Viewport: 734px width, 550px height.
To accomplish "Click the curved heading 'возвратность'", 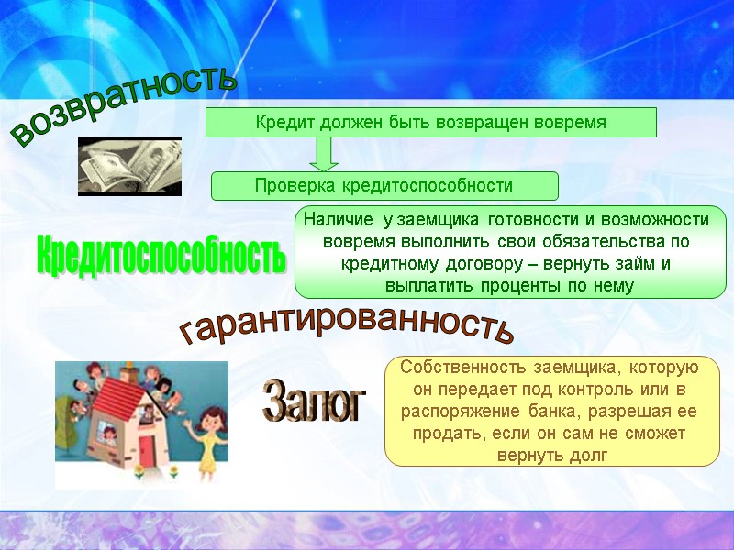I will (124, 105).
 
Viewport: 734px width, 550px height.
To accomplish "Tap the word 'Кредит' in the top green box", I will (282, 122).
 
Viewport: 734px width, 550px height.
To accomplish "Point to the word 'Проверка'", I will (295, 186).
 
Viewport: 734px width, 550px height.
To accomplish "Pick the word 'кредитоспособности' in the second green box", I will (428, 186).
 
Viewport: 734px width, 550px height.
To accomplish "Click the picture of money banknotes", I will (129, 166).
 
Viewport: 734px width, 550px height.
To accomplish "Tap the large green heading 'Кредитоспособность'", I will (160, 253).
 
